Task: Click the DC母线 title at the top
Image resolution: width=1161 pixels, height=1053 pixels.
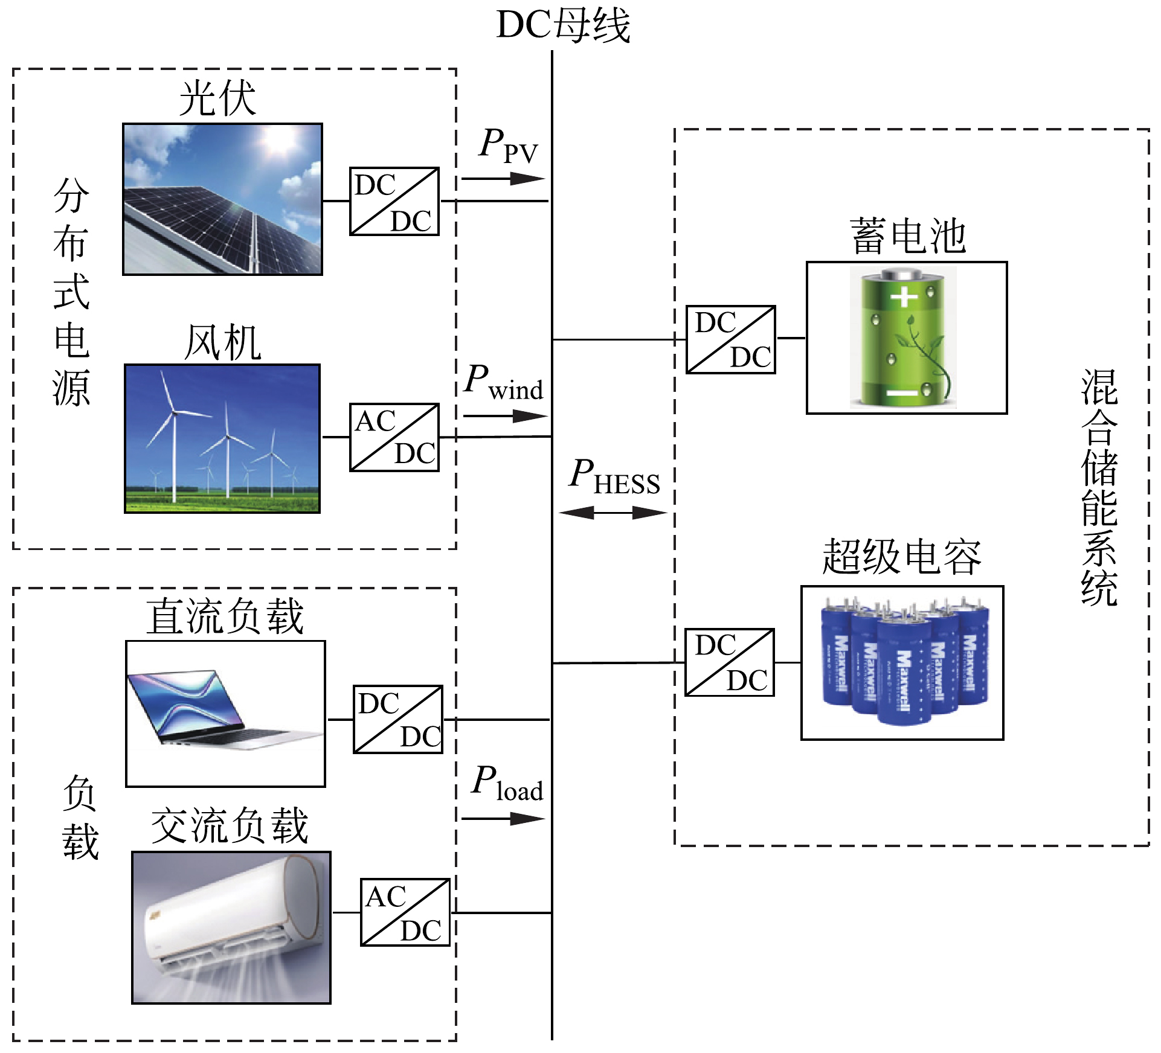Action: (562, 25)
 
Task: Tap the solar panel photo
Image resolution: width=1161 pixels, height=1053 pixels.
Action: (222, 199)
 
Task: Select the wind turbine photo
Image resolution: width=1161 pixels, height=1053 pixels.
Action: (222, 438)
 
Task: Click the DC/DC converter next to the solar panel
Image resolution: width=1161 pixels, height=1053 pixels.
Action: (394, 202)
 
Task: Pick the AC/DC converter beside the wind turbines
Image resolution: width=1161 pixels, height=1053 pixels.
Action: (394, 437)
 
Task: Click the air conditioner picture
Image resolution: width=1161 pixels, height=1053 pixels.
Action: (231, 927)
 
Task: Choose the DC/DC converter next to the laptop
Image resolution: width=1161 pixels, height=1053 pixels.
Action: (398, 719)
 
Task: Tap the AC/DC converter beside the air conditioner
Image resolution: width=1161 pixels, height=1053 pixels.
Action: (405, 912)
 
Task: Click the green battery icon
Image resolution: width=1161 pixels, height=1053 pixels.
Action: (904, 338)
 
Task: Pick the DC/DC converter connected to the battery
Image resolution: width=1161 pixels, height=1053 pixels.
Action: (731, 339)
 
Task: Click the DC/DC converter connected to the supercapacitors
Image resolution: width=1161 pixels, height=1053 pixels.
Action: (730, 662)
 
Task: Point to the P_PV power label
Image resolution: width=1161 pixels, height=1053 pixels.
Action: (507, 147)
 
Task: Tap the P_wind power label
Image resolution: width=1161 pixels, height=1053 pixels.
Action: (504, 383)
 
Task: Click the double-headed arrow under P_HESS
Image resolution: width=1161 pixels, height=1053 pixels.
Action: (613, 513)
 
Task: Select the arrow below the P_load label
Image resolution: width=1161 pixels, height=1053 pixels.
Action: (503, 819)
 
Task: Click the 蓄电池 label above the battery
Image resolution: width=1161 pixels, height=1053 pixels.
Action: (908, 236)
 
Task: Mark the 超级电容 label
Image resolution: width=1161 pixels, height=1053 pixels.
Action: (902, 557)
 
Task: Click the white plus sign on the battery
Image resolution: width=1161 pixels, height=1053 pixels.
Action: (904, 297)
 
